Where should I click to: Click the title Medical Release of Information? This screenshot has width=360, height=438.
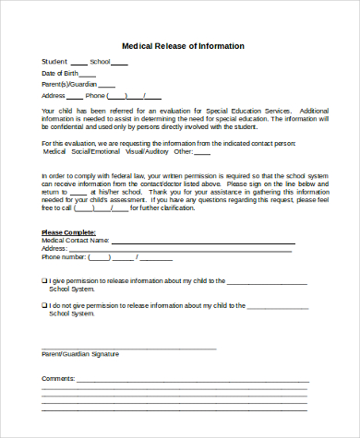[x=183, y=45]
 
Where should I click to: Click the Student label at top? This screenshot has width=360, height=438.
[x=54, y=62]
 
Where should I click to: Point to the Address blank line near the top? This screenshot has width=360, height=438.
[x=73, y=97]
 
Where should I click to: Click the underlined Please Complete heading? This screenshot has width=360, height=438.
[x=66, y=231]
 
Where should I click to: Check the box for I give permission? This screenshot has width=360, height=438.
[x=43, y=279]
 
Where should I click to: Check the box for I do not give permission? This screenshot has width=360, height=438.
[x=43, y=304]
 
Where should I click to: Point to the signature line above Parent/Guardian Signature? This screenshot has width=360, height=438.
[x=129, y=348]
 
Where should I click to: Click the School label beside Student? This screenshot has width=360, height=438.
[x=100, y=62]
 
